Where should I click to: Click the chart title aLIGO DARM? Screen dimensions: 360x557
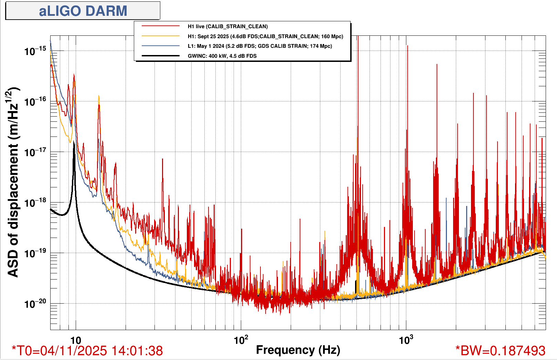click(83, 11)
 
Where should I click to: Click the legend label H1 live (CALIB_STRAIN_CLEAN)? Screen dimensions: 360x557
click(227, 26)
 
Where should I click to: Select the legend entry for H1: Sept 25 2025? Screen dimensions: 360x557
click(265, 36)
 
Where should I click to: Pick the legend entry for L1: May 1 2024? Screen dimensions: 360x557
click(260, 46)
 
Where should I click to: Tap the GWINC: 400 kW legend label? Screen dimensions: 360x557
click(222, 56)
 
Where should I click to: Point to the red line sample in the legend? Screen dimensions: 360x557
click(161, 26)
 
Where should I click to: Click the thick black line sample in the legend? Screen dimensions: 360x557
click(161, 56)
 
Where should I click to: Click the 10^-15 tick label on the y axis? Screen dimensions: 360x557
click(35, 51)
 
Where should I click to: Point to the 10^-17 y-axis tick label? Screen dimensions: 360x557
click(35, 152)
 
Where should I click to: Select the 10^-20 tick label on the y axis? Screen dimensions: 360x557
click(35, 304)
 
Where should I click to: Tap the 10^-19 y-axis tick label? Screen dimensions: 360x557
click(35, 253)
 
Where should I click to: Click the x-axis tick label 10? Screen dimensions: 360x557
click(75, 341)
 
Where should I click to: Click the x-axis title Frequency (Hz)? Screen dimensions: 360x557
click(298, 350)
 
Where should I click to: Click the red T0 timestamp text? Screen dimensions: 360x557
click(87, 351)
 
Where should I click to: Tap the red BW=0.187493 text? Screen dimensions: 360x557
click(501, 351)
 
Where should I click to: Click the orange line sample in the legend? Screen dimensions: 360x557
click(161, 36)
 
